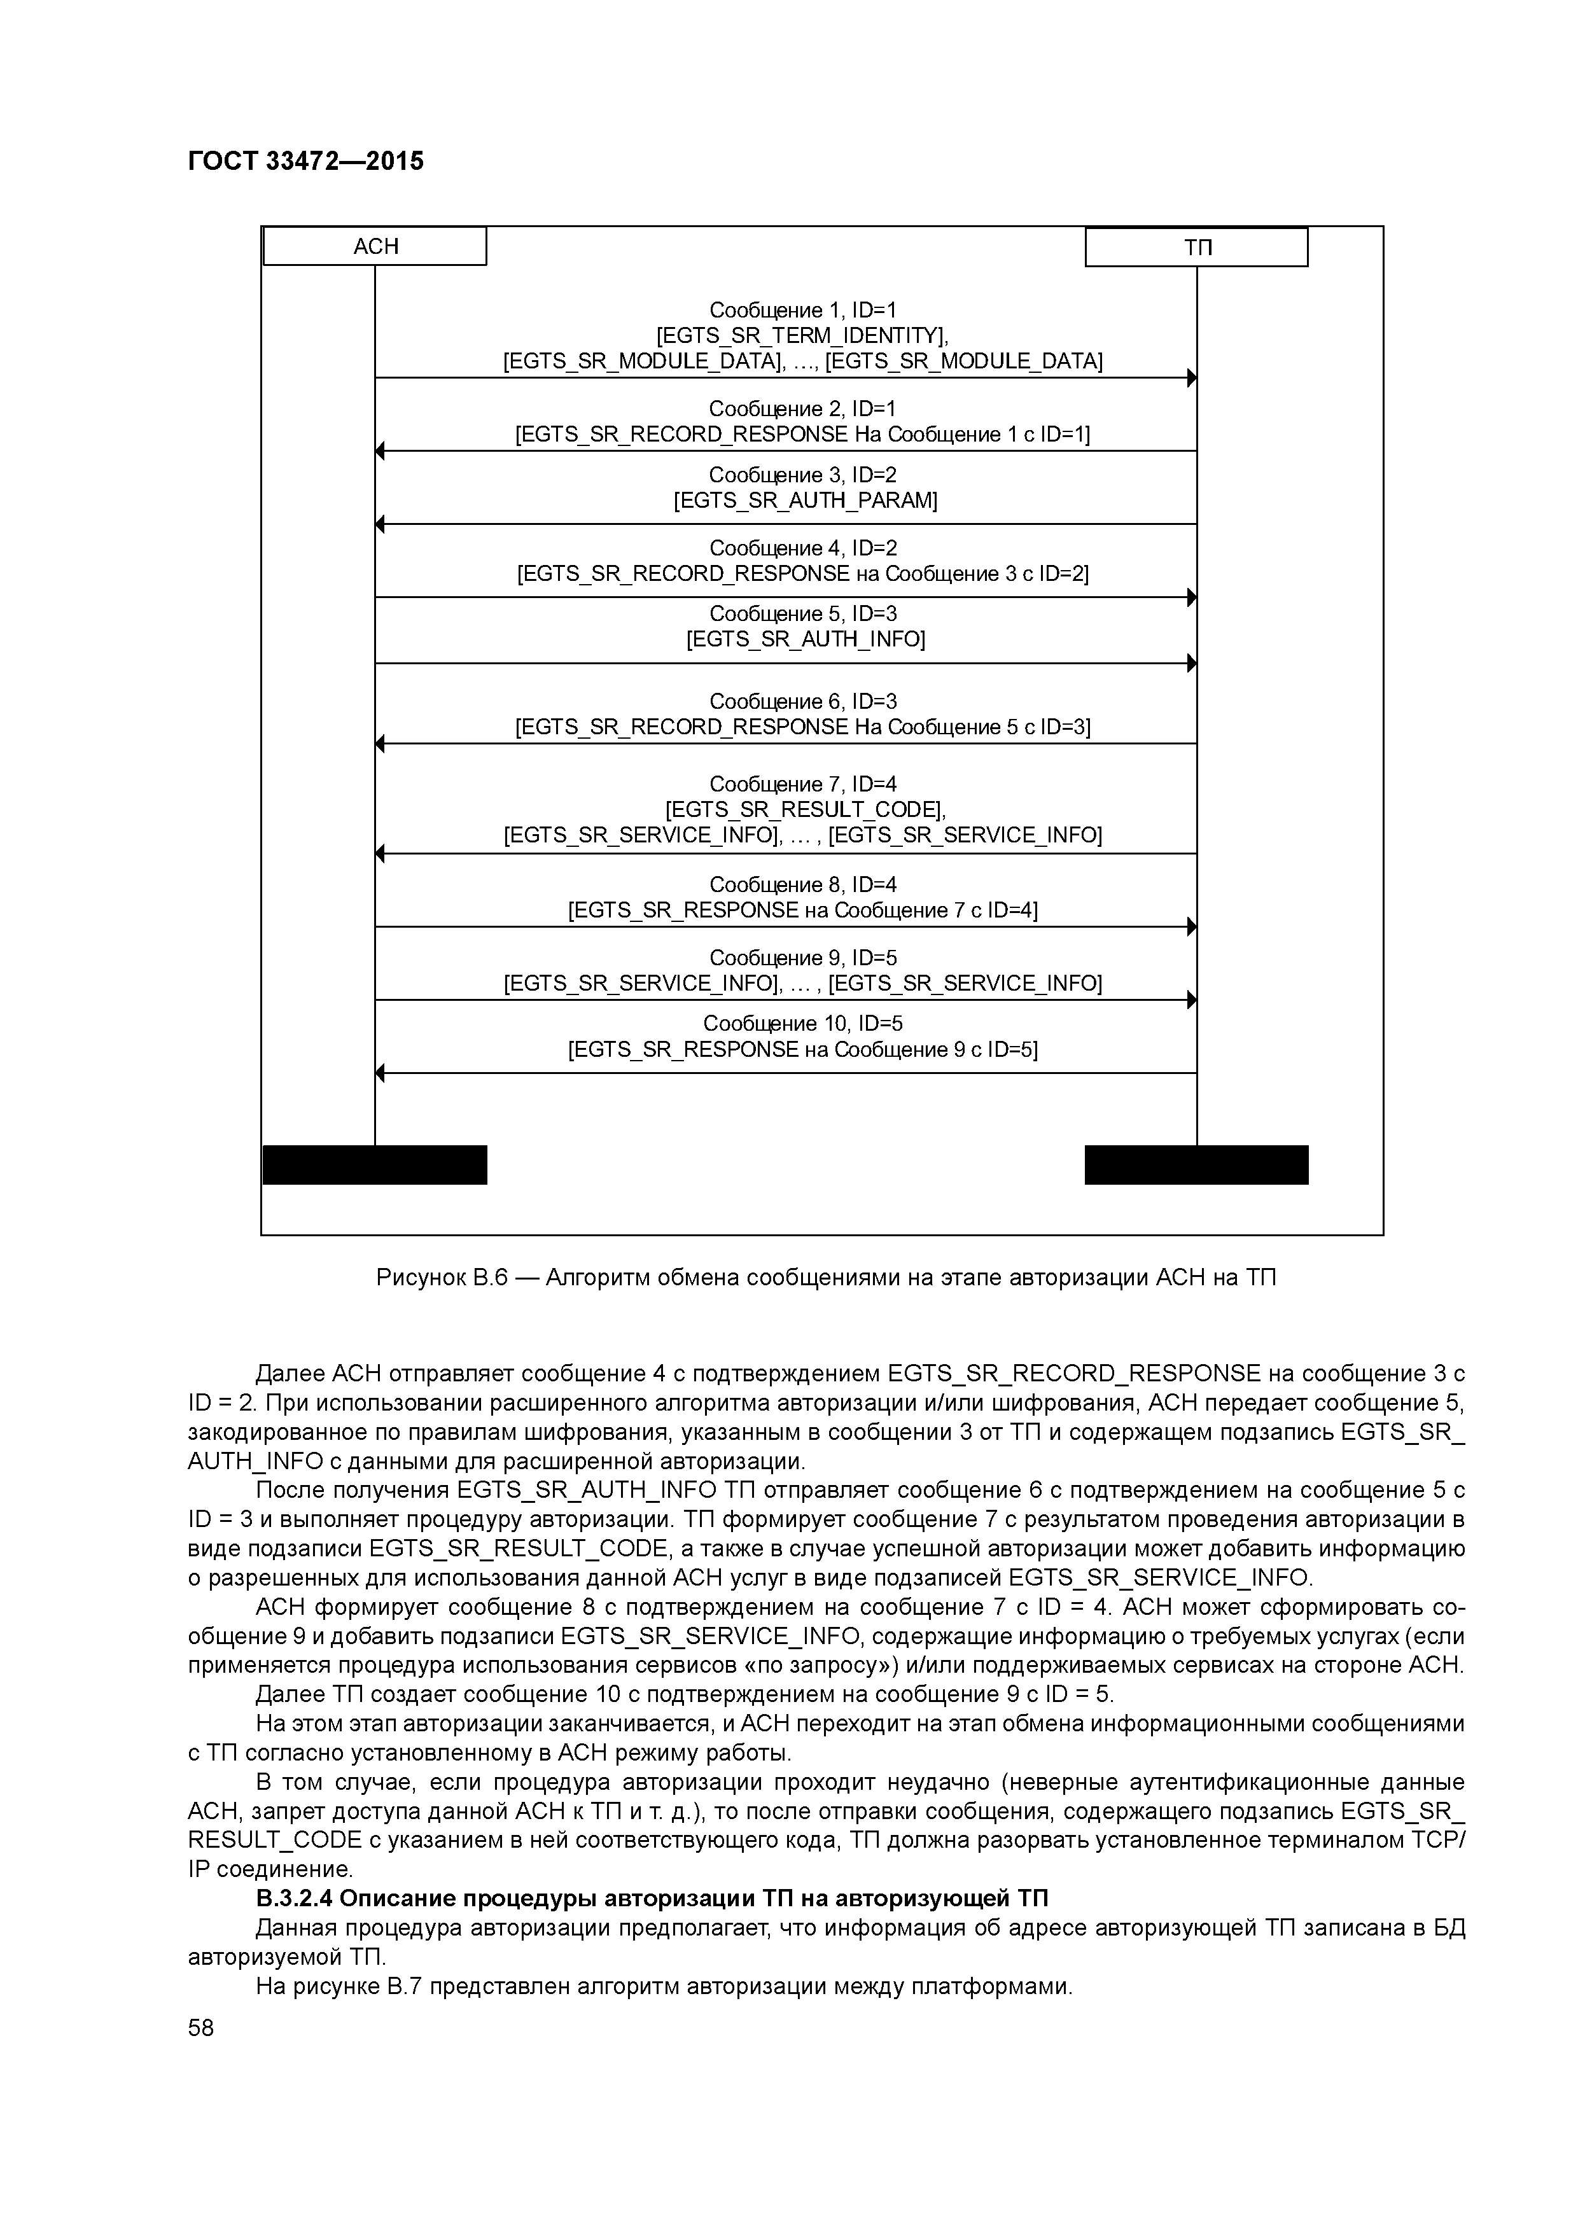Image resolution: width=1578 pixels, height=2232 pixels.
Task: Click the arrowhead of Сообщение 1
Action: [1191, 378]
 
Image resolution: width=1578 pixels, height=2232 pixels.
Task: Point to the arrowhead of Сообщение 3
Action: [380, 524]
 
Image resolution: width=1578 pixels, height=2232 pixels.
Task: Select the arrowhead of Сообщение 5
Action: [1191, 664]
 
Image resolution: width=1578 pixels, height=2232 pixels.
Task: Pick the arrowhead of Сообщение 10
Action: [380, 1073]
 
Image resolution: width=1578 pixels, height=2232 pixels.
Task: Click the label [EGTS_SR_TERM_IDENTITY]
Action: [802, 335]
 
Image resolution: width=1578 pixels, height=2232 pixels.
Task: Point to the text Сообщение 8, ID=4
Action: [803, 884]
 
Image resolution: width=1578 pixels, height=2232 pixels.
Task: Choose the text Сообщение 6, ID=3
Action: [803, 702]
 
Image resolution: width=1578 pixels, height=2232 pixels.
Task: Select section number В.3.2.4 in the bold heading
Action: [295, 1899]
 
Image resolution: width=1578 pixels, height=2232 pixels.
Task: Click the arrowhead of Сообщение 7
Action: [380, 853]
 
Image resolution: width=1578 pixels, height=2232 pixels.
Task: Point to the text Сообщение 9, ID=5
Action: [803, 958]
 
